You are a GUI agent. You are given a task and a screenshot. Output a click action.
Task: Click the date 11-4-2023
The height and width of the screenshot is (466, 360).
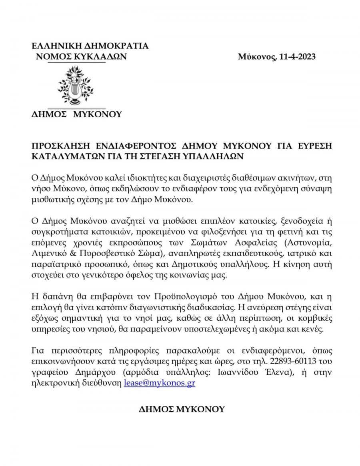(x=296, y=57)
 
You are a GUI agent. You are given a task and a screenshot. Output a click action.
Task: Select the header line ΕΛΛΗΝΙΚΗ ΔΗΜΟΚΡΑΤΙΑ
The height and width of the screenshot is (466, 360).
(x=90, y=46)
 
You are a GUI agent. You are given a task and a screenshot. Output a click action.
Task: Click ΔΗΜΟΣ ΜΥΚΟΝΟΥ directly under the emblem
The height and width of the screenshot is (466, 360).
(x=76, y=114)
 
